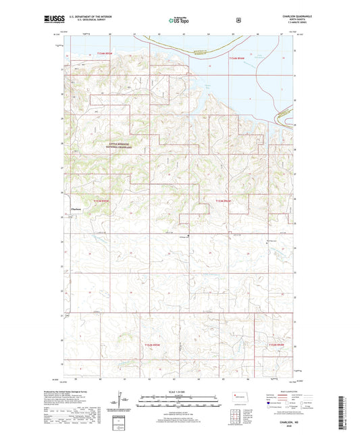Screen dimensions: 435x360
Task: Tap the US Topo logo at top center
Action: click(180, 20)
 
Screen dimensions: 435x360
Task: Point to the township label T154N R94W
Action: click(237, 59)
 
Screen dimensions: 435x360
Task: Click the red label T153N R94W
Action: click(224, 201)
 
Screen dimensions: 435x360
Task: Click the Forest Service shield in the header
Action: click(238, 20)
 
